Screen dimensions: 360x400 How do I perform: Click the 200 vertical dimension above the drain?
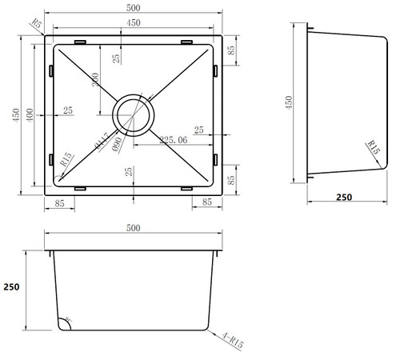tap(96, 82)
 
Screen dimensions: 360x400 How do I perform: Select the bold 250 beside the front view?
tap(10, 286)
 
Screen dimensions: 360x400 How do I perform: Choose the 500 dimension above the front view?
tap(133, 229)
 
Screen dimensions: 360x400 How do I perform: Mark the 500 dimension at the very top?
tap(133, 6)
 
